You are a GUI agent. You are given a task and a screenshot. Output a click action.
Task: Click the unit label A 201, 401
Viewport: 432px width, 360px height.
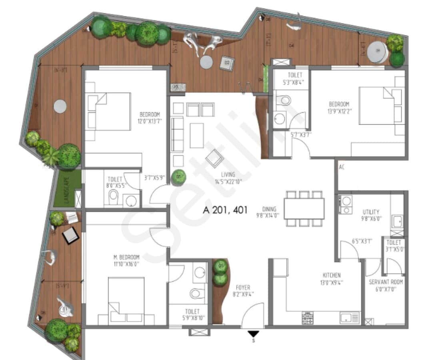click(225, 210)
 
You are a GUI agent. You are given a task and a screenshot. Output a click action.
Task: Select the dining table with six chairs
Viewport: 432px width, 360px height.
click(304, 208)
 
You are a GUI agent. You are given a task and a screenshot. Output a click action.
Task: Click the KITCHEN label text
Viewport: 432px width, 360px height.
click(332, 275)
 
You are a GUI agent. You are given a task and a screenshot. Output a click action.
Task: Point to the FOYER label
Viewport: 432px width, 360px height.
click(243, 288)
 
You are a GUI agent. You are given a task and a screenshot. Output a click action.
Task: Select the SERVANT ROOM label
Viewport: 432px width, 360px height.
click(386, 282)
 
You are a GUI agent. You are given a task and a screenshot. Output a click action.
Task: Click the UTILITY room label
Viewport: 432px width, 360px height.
click(371, 212)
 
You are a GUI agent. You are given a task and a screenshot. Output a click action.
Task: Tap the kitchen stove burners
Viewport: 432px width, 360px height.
click(307, 318)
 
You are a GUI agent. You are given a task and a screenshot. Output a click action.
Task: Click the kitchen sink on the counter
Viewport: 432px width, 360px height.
click(349, 318)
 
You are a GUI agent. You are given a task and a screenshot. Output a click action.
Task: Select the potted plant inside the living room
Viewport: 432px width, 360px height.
click(178, 177)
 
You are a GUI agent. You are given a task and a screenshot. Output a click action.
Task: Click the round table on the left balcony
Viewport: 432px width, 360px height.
click(60, 106)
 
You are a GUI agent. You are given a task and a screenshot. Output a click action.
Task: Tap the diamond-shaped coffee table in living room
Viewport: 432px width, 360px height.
click(214, 158)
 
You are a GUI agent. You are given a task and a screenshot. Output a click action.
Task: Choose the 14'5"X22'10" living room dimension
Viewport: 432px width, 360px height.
click(229, 181)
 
